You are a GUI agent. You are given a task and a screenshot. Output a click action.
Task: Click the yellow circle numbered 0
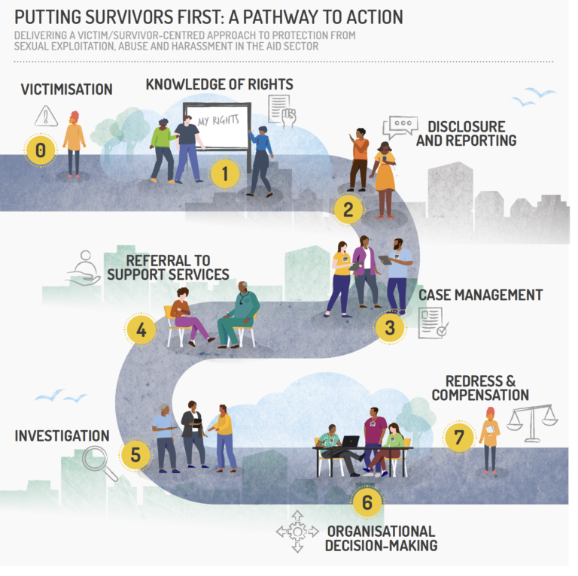click(41, 150)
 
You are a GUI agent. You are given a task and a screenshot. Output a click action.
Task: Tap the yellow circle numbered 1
click(224, 174)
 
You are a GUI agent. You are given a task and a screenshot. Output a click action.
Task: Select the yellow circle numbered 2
click(348, 209)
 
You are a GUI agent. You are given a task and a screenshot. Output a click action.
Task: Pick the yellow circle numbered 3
click(389, 328)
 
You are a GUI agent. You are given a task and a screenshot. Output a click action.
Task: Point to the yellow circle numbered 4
click(141, 329)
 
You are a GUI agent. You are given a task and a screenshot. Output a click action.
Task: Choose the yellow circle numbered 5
click(135, 454)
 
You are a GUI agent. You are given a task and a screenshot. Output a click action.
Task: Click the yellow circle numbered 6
click(367, 502)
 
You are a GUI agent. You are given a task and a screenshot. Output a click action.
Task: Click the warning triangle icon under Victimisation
click(46, 116)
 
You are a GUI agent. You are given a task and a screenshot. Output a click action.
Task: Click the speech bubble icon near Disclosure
click(399, 126)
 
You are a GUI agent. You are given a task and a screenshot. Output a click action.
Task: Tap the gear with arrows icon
click(297, 532)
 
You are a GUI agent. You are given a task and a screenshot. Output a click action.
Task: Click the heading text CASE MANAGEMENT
click(480, 295)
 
